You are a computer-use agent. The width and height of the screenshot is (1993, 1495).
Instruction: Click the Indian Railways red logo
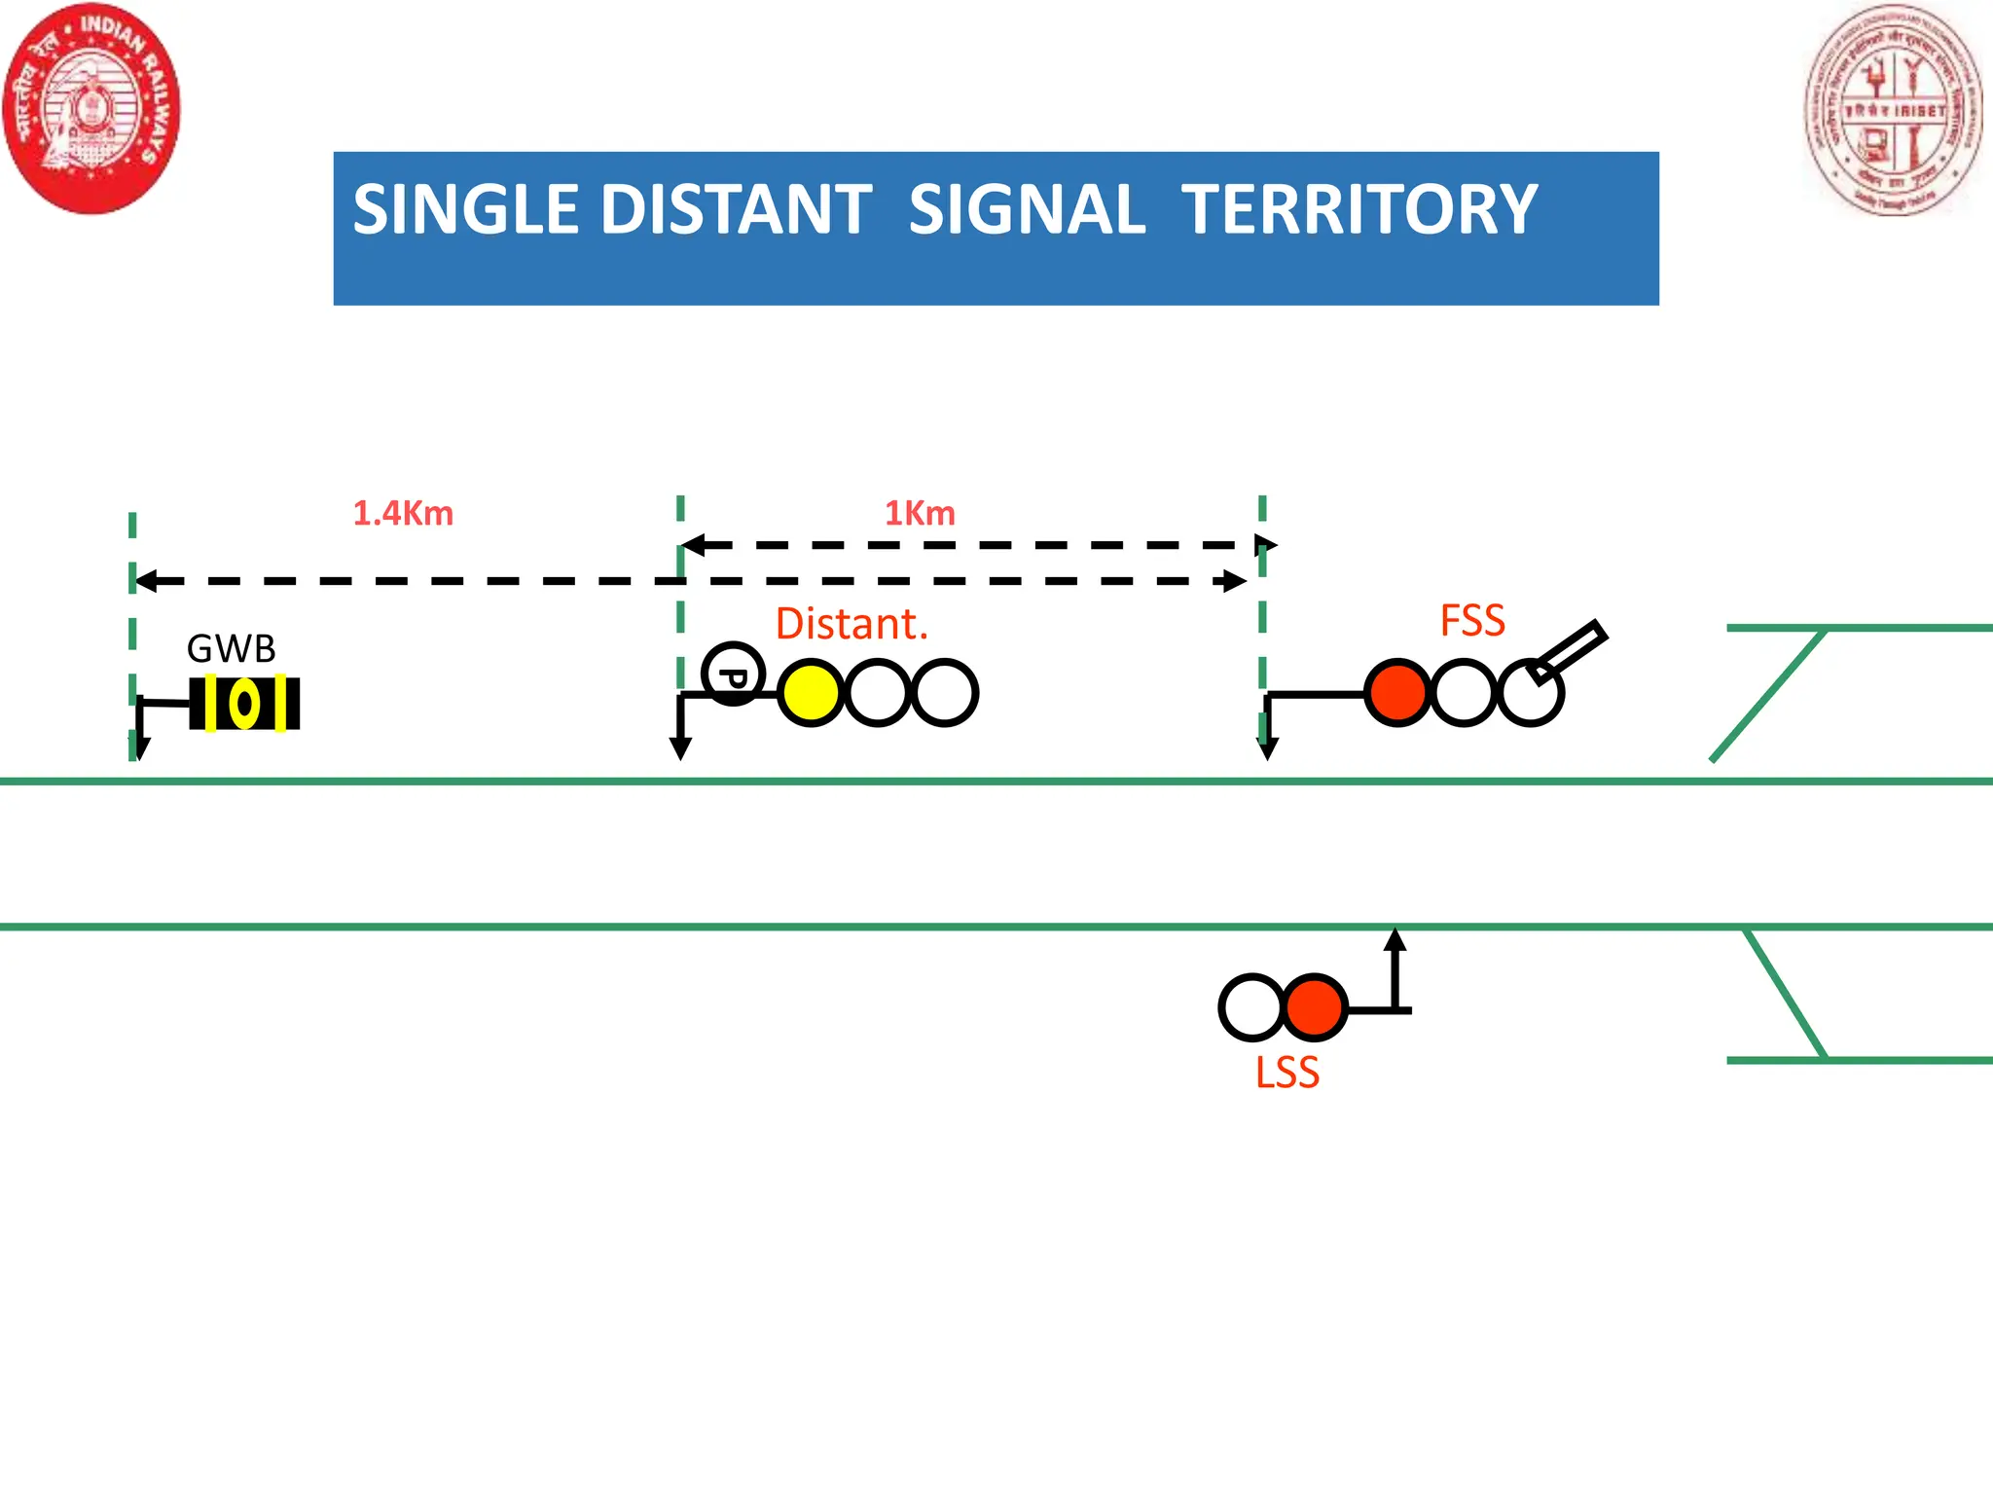pos(91,107)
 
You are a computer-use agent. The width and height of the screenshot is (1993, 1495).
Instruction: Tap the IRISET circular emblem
pos(1893,109)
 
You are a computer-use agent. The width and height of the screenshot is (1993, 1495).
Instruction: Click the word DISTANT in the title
pos(737,209)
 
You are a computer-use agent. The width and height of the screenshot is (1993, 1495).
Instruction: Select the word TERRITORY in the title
pos(1359,209)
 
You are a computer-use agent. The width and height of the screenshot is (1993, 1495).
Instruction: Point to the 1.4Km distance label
pos(403,513)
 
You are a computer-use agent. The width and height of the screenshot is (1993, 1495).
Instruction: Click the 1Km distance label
pos(920,513)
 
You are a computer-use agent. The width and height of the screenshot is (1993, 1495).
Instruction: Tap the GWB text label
pos(232,648)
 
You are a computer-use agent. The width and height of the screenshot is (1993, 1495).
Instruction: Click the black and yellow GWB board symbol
pos(244,703)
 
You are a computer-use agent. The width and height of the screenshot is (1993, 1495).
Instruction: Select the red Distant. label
pos(852,624)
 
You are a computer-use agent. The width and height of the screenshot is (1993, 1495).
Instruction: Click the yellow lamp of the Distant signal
pos(811,693)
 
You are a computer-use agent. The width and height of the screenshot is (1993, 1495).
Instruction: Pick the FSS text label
pos(1472,621)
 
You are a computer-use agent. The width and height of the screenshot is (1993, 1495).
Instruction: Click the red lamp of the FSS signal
pos(1397,693)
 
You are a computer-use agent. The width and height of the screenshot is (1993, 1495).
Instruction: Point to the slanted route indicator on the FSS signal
pos(1567,650)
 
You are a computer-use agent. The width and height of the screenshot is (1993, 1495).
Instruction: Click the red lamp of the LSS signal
pos(1315,1007)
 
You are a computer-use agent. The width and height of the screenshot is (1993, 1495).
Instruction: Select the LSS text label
pos(1286,1073)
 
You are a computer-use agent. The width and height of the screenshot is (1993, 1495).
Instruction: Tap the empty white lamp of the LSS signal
pos(1250,1007)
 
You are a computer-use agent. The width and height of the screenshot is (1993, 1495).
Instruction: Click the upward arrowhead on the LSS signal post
pos(1395,939)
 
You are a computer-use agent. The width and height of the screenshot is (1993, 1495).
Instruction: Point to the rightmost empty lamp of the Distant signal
pos(945,693)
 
